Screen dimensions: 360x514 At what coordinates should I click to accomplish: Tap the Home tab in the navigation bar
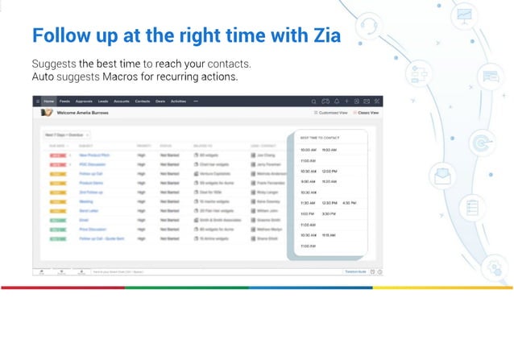coord(49,101)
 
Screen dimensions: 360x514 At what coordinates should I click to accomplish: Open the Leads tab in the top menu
coord(103,101)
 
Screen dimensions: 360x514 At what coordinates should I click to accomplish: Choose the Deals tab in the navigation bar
coord(160,101)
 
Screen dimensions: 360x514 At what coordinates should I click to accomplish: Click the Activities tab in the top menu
coord(179,101)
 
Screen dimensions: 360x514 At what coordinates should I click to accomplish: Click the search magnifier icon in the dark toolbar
coord(314,101)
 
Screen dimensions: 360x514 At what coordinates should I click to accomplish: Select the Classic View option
coord(367,114)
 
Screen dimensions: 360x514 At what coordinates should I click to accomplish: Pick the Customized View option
coord(331,114)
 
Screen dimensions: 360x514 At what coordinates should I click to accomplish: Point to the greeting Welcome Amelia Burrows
coord(82,114)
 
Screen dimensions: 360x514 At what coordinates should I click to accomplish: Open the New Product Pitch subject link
coord(94,154)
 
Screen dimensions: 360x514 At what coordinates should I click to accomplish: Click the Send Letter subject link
coord(88,211)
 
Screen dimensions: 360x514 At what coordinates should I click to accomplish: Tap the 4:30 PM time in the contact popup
coord(350,203)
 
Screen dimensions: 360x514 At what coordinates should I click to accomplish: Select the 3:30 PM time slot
coord(329,213)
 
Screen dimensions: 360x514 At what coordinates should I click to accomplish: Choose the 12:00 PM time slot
coord(329,171)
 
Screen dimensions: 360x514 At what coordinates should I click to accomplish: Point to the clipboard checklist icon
coord(473,207)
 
